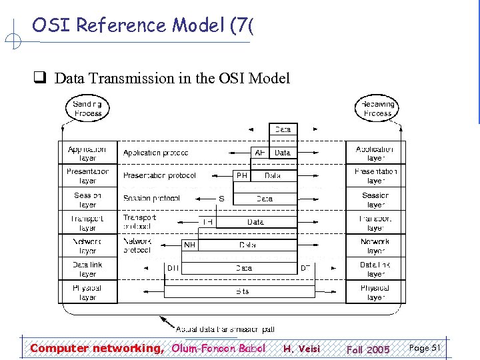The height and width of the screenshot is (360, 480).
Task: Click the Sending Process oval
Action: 88,109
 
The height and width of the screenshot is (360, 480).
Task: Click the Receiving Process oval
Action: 377,109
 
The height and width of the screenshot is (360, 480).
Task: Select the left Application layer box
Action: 87,153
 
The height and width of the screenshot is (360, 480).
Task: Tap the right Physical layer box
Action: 375,292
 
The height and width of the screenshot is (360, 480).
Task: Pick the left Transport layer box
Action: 87,223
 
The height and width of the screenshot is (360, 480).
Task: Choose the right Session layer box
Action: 375,199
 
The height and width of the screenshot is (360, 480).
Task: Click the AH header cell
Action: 260,153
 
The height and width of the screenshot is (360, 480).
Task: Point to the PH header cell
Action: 242,176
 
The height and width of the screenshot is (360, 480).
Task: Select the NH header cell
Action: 190,245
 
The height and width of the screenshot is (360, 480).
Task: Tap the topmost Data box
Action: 283,129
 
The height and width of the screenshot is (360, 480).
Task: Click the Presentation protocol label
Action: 159,176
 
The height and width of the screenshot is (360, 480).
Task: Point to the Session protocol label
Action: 151,199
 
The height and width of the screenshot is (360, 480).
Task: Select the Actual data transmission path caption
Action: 225,329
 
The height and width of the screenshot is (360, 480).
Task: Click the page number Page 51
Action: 424,348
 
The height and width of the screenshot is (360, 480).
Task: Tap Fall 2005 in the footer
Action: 368,349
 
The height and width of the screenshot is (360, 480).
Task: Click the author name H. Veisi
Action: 302,349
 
